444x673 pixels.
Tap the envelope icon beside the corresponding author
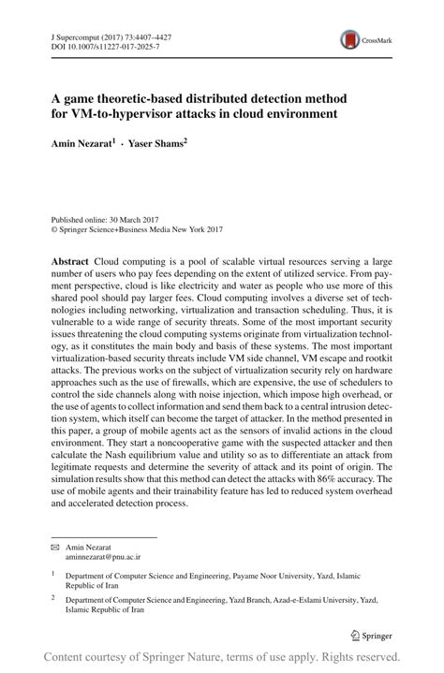point(55,545)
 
